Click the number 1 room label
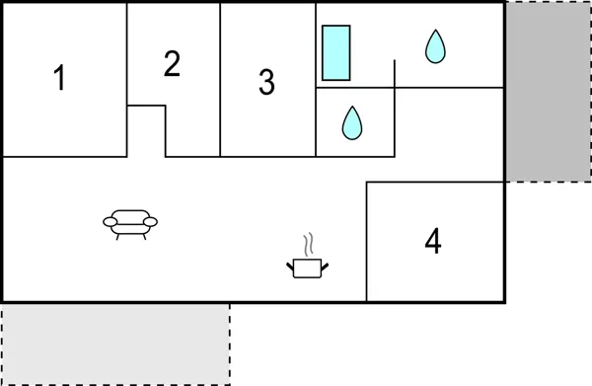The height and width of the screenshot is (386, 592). point(60,78)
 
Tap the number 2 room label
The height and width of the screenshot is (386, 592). point(173,64)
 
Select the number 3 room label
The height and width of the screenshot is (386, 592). point(266,83)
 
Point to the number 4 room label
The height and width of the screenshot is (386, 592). point(432,241)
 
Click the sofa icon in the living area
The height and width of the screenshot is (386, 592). point(130,224)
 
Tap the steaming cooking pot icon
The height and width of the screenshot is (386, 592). point(307,266)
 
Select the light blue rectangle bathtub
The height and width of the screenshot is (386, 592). point(336,52)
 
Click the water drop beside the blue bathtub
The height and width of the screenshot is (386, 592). point(435,46)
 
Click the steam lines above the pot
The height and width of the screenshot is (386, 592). point(309,244)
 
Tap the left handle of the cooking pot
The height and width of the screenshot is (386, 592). point(290,263)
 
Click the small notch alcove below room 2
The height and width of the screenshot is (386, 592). point(146,130)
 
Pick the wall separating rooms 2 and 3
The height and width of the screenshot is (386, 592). point(220,79)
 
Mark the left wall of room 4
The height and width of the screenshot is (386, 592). point(367,242)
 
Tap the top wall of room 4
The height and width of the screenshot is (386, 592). point(434,183)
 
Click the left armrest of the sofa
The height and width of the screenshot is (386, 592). point(108,222)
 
